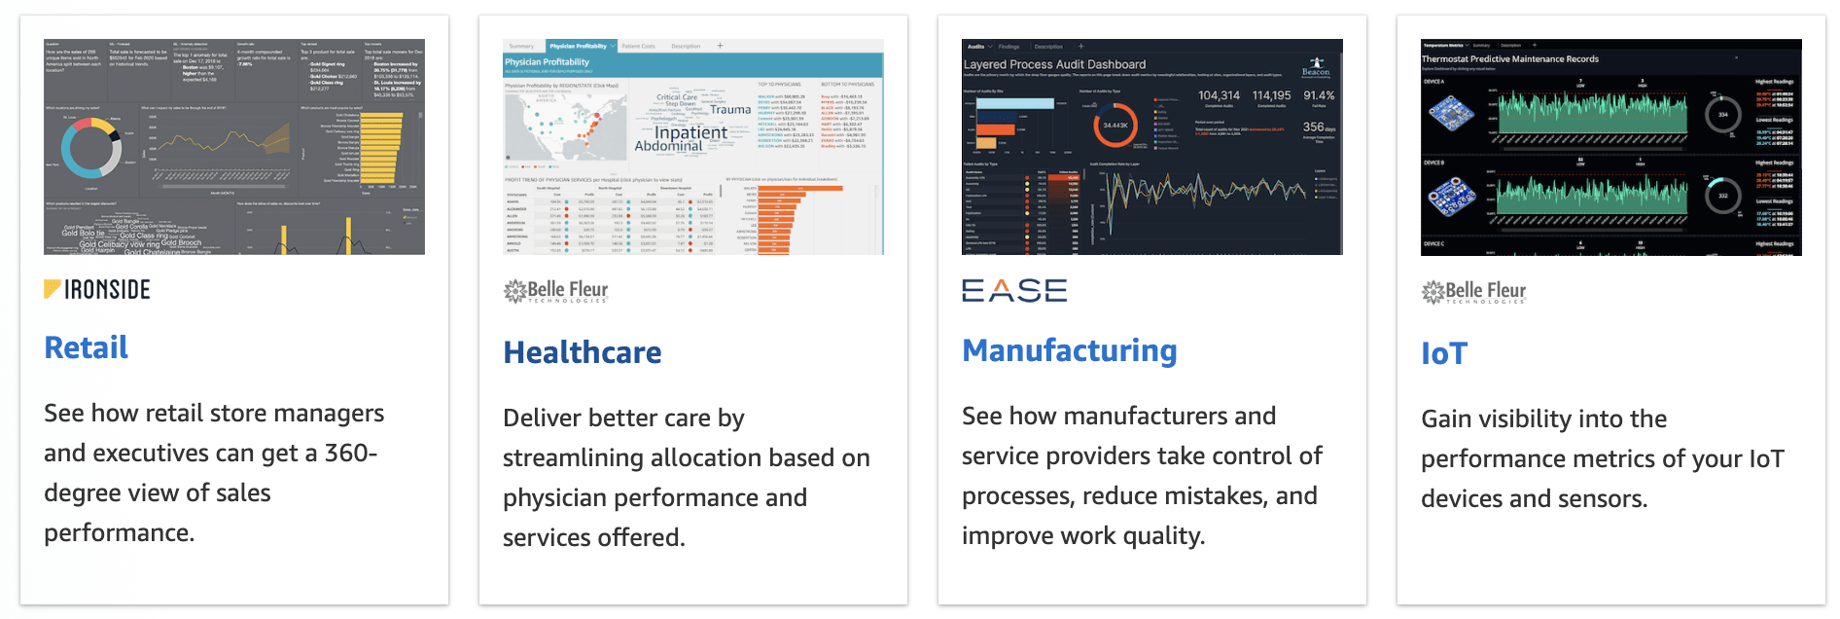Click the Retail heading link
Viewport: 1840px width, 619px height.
pyautogui.click(x=87, y=347)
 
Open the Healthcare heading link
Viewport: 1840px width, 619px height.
pyautogui.click(x=582, y=352)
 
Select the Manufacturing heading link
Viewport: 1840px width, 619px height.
pyautogui.click(x=1069, y=350)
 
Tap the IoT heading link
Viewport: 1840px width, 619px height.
pyautogui.click(x=1443, y=353)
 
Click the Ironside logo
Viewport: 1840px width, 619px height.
pyautogui.click(x=97, y=289)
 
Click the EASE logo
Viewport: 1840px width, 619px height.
pyautogui.click(x=1013, y=290)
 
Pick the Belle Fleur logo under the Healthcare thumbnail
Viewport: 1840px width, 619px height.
pyautogui.click(x=555, y=291)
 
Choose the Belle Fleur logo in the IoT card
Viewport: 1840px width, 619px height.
pyautogui.click(x=1473, y=291)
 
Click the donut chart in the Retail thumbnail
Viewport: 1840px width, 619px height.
pyautogui.click(x=91, y=148)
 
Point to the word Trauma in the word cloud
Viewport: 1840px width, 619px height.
pyautogui.click(x=730, y=110)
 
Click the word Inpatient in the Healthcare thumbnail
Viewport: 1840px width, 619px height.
pyautogui.click(x=690, y=132)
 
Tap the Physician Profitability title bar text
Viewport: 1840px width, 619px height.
pyautogui.click(x=547, y=62)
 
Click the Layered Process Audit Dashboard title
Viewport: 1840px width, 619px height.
pyautogui.click(x=1054, y=64)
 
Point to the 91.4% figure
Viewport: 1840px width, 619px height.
pyautogui.click(x=1319, y=95)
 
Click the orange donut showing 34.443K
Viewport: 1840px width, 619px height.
pyautogui.click(x=1115, y=126)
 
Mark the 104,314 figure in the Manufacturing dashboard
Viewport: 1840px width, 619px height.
pyautogui.click(x=1219, y=95)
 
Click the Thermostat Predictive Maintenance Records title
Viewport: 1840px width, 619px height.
pyautogui.click(x=1509, y=59)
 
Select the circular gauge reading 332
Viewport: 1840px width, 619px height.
pyautogui.click(x=1722, y=196)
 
